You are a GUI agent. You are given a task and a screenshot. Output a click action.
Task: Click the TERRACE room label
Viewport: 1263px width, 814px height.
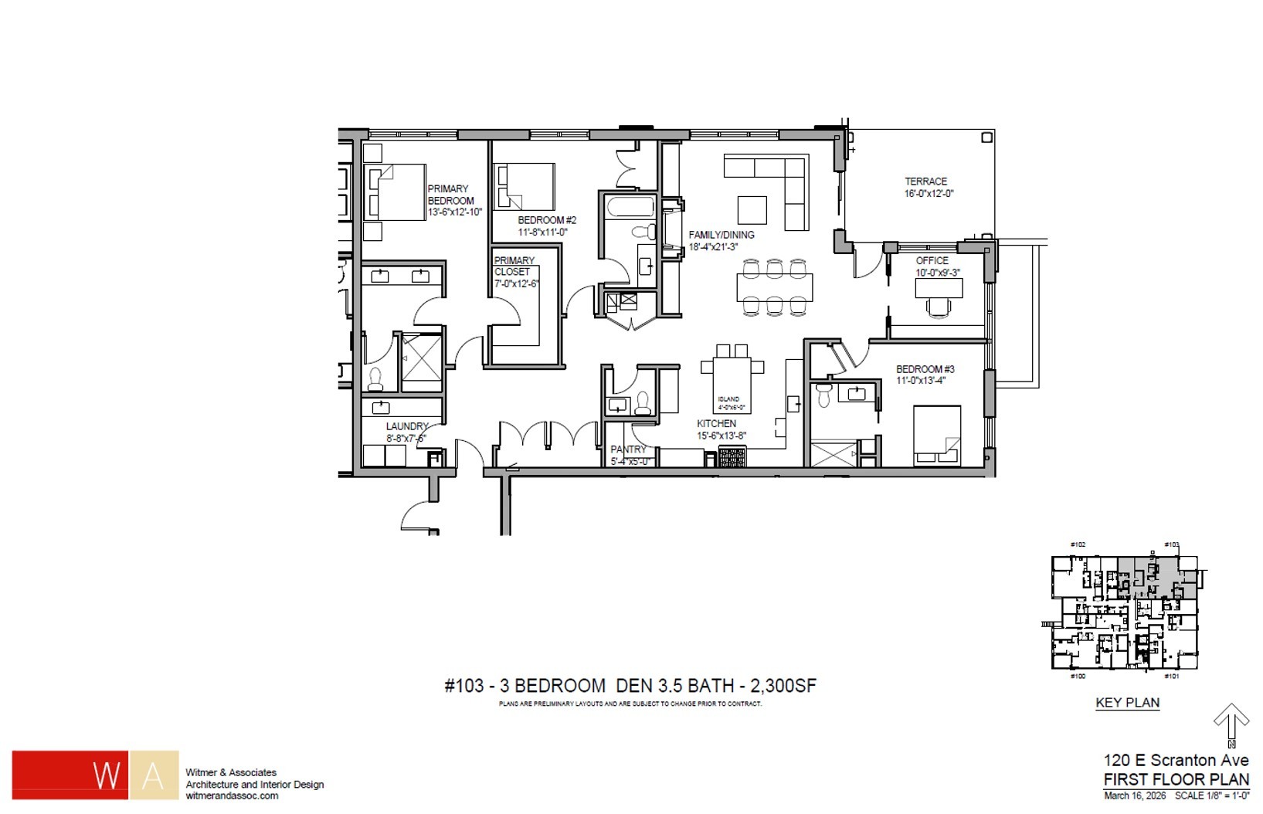926,182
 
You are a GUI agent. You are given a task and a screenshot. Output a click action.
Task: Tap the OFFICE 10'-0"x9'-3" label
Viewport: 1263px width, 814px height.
932,266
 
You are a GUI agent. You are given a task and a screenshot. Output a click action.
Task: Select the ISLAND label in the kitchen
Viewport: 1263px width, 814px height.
728,399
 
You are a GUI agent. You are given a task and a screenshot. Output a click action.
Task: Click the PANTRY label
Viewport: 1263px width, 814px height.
628,449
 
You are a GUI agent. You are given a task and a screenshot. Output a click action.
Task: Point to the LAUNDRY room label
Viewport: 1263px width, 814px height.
407,426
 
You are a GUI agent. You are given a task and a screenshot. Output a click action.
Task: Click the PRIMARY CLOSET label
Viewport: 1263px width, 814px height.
514,266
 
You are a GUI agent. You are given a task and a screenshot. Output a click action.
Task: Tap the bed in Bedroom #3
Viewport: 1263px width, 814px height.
937,435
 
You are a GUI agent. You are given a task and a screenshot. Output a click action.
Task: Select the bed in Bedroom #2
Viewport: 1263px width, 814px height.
525,186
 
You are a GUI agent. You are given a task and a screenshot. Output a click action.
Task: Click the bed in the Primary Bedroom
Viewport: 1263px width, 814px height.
396,192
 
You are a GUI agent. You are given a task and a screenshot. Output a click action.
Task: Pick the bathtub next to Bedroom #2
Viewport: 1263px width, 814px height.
630,207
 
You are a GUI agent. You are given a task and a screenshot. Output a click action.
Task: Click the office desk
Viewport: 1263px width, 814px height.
939,288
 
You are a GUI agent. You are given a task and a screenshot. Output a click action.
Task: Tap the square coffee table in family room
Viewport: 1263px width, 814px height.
752,210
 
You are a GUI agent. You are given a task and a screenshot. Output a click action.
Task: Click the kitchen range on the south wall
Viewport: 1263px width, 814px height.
730,457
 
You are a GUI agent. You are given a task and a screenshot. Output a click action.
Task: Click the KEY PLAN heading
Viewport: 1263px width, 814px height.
1127,703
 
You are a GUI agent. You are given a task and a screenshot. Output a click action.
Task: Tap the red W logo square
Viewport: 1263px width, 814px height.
70,774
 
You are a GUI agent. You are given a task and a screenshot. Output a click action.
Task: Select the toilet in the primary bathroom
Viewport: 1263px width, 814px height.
375,378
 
